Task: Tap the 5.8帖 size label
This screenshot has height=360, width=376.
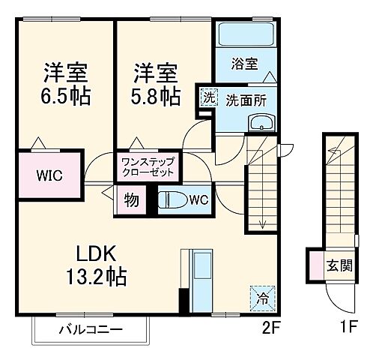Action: click(x=157, y=97)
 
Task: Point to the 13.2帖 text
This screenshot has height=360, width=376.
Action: click(x=94, y=277)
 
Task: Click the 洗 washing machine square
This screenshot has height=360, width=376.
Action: click(x=207, y=97)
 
